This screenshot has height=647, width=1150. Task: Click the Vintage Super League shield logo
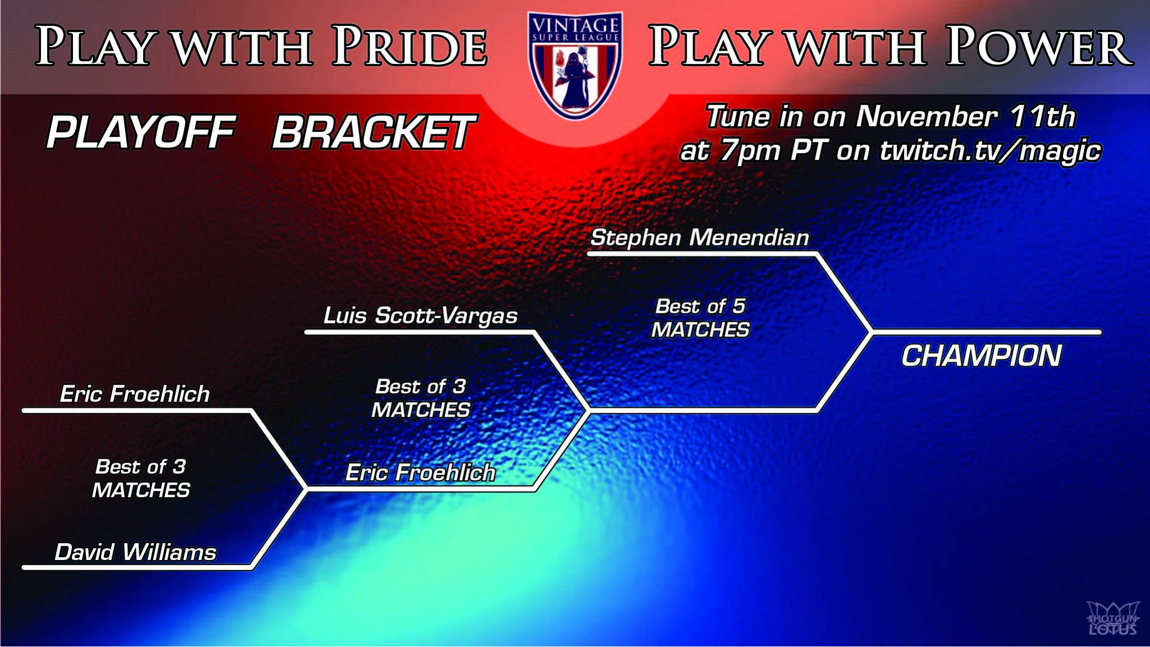coord(575,65)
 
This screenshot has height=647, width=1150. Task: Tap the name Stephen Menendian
coord(700,238)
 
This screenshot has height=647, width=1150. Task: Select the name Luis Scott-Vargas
coord(420,316)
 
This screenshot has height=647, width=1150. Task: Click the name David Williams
coord(135,552)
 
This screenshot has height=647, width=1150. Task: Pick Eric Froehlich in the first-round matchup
coord(135,394)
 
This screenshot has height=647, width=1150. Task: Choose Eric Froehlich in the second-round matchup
coord(420,472)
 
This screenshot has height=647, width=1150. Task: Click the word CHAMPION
coord(982,356)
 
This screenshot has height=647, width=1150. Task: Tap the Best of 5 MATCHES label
coord(700,318)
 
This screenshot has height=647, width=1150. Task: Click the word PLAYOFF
coord(140,133)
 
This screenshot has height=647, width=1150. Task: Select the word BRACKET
coord(374,133)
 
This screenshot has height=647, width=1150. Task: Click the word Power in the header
coord(1039,46)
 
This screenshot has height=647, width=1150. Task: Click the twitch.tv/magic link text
coord(990,151)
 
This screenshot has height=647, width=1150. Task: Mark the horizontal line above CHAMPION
coord(987,332)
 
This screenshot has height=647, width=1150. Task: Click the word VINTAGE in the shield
coord(575,25)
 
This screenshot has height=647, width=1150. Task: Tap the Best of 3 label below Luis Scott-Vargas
coord(421,398)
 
